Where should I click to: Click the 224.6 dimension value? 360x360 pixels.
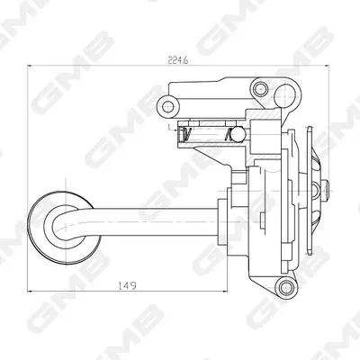tap(178, 60)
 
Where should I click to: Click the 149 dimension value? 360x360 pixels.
tap(127, 285)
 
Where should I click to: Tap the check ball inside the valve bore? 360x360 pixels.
tap(238, 134)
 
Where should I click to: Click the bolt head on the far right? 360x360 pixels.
tap(326, 188)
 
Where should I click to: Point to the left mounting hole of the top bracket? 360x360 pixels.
tap(167, 106)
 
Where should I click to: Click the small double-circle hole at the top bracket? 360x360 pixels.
tap(260, 88)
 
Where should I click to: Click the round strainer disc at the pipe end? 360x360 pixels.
tap(64, 228)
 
